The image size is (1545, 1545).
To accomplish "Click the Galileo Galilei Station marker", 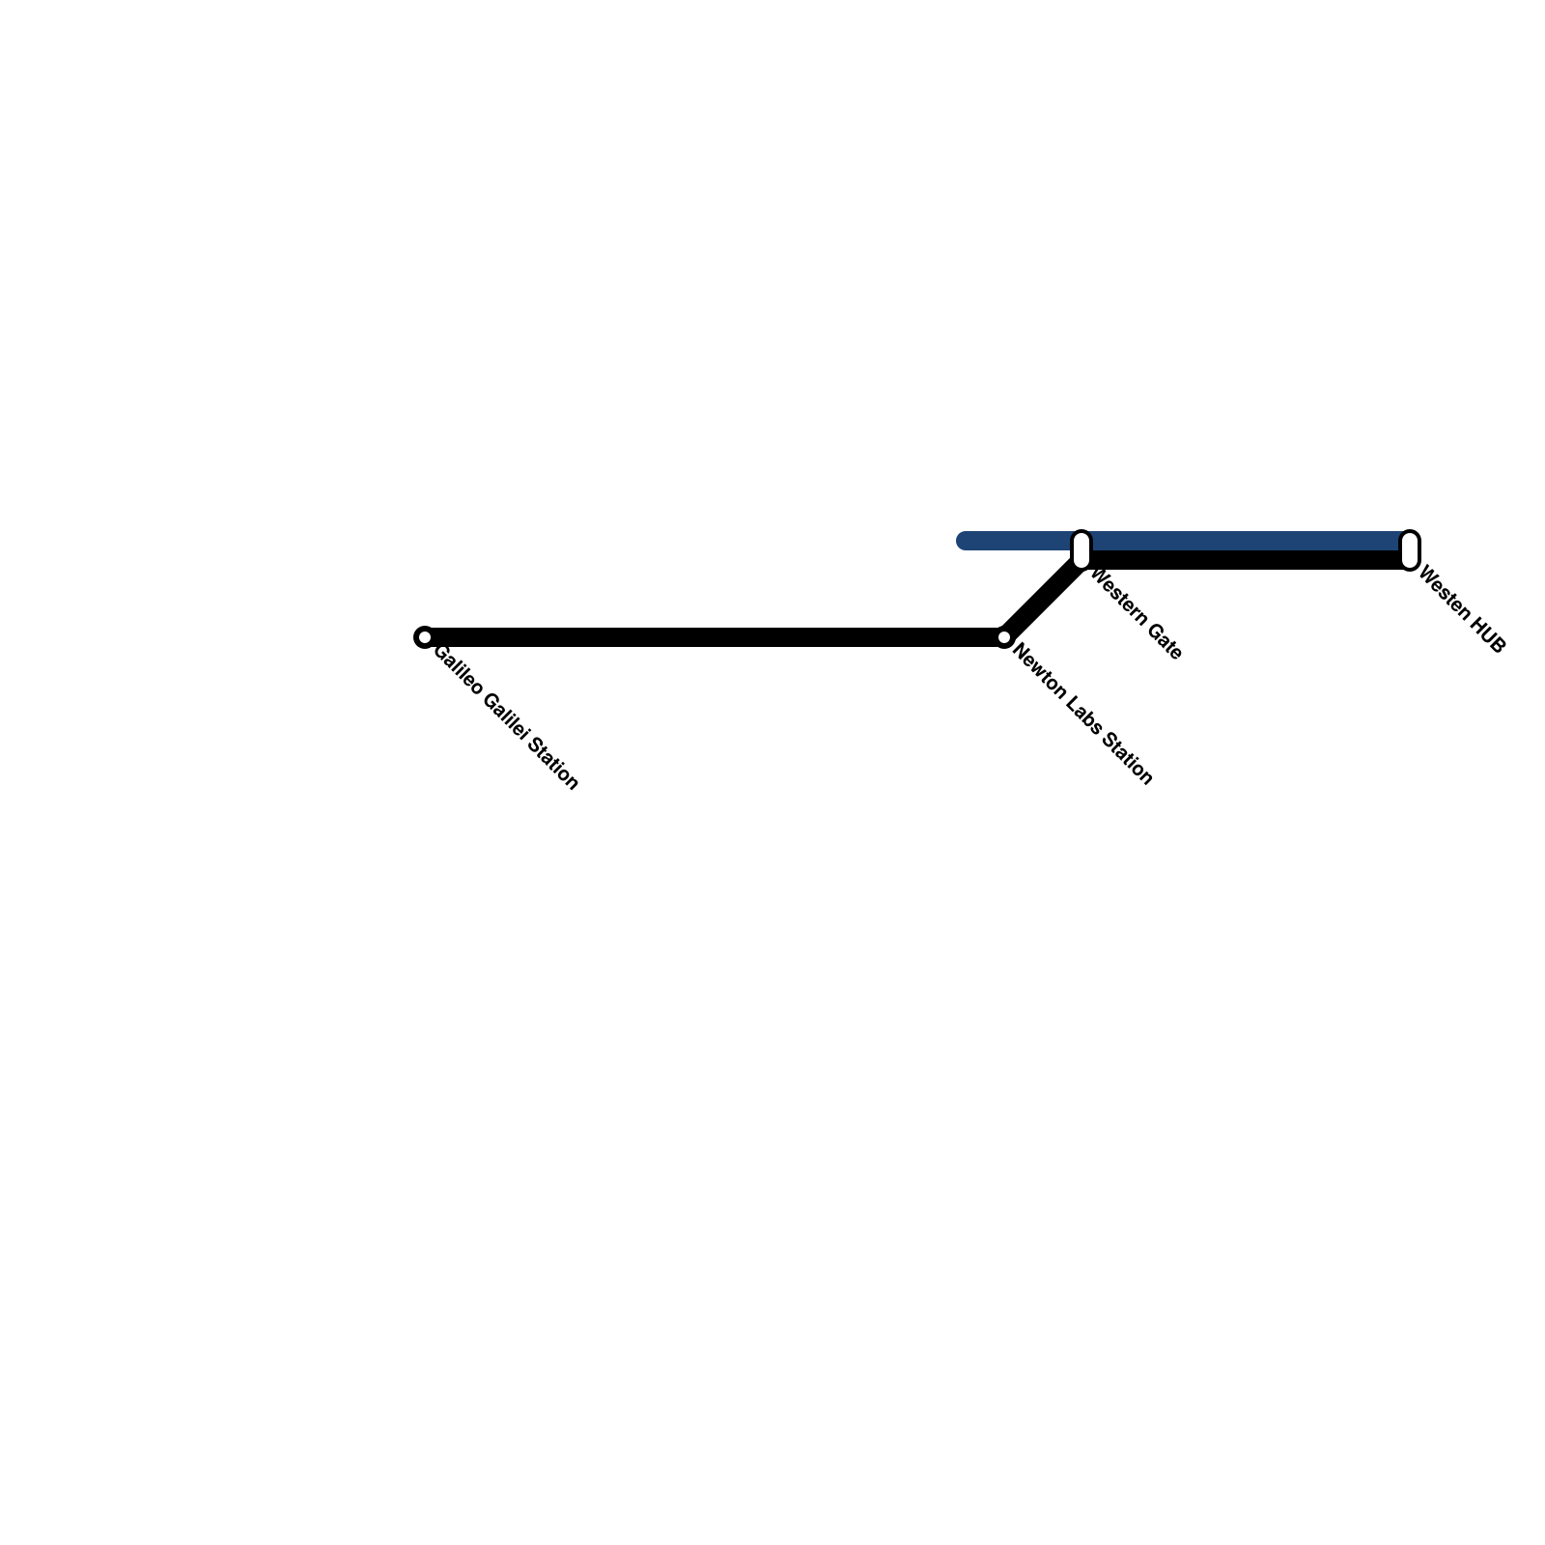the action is tap(424, 637).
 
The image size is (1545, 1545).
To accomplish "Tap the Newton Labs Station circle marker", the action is tap(1003, 637).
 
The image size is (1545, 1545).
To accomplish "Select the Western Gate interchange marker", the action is tap(1081, 549).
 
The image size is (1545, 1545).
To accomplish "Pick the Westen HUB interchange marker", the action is tap(1410, 549).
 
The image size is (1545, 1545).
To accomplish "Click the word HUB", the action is tap(1485, 635).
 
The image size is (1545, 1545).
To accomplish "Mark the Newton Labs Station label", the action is tap(1081, 716).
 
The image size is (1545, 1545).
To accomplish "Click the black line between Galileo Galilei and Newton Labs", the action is tap(715, 637).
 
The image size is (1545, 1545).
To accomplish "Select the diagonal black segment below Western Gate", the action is tap(1043, 599).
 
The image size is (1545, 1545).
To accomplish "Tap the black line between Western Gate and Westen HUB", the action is tap(1246, 560).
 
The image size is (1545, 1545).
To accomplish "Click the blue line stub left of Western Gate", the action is tap(1014, 541).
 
